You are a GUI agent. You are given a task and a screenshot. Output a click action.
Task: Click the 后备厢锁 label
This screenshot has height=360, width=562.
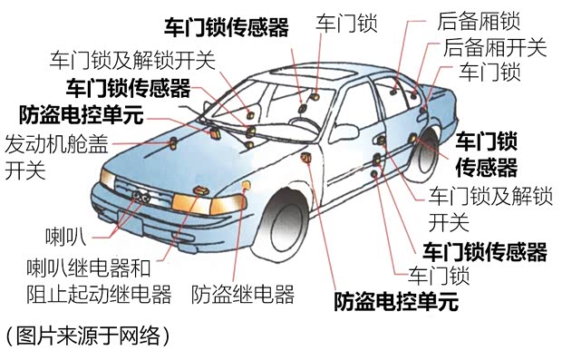(x=478, y=20)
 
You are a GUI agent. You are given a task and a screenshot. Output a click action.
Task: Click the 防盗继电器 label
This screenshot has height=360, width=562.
(x=243, y=294)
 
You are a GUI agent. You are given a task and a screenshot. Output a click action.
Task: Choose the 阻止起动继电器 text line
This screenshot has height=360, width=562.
(x=99, y=294)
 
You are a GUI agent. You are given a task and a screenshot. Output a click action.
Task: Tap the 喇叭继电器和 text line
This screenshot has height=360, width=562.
(x=88, y=268)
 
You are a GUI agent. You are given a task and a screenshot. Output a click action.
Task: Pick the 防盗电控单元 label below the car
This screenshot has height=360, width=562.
(x=396, y=300)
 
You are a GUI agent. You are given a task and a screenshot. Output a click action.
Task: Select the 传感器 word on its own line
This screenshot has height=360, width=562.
(x=486, y=168)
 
